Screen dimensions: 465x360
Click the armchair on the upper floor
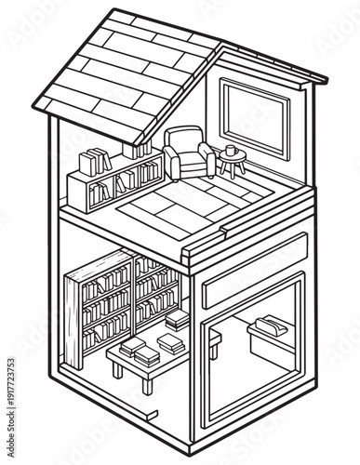coord(188,154)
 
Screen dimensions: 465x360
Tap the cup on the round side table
coord(231,150)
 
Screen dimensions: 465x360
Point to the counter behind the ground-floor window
coord(272,341)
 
